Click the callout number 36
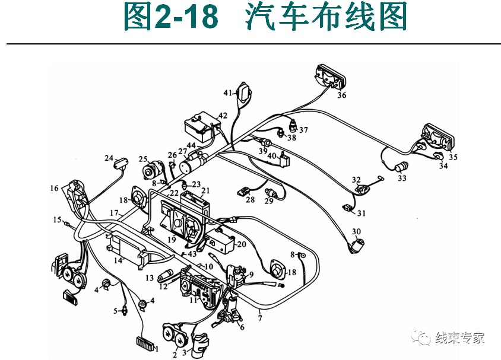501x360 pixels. tap(342, 95)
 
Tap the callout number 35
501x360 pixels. tap(454, 158)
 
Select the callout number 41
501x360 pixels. tap(228, 93)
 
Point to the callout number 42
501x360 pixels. tap(223, 116)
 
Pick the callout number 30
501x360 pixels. tap(356, 232)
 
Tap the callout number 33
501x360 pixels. tap(402, 178)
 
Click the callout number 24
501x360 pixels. tap(109, 158)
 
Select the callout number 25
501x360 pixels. tap(142, 159)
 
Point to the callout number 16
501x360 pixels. tap(55, 189)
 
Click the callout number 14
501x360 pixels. tap(118, 260)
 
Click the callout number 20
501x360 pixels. tap(241, 244)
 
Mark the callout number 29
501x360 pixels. tap(268, 202)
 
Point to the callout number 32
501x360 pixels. tap(356, 179)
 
